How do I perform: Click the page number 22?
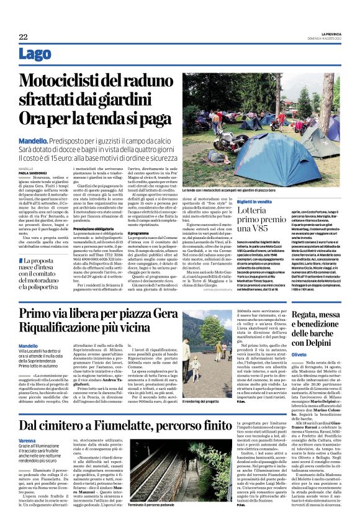23,37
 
